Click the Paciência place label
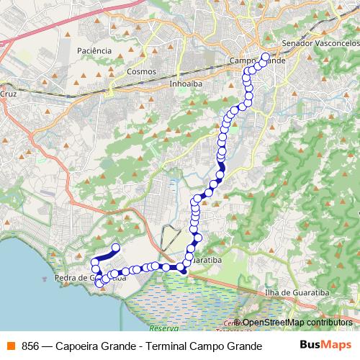(95, 51)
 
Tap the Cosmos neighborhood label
(140, 72)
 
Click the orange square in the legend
(10, 346)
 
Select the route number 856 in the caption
(30, 346)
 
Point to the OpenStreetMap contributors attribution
(297, 323)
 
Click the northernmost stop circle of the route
(265, 56)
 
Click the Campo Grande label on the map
(257, 61)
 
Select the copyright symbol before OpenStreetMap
(238, 323)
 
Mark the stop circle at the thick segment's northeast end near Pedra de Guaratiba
(115, 248)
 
